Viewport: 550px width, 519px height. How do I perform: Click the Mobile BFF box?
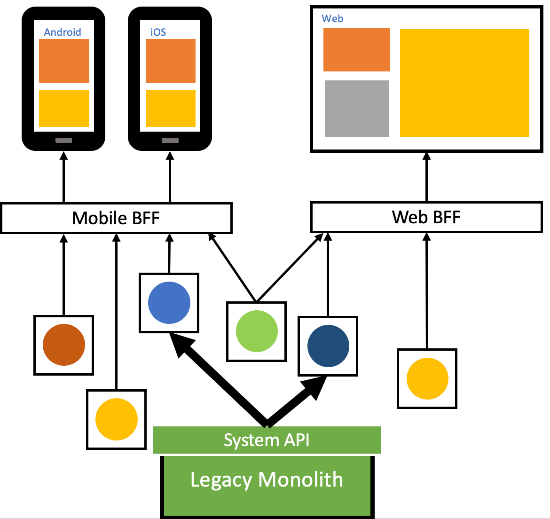(x=116, y=218)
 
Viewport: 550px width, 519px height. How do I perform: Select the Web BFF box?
(x=426, y=217)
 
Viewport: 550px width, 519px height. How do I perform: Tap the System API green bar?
(x=267, y=440)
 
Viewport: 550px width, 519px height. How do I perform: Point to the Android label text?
(x=63, y=32)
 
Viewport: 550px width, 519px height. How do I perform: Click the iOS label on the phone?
(x=158, y=32)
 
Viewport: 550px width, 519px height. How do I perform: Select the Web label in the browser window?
(x=332, y=19)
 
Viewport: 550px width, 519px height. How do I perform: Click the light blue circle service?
(x=169, y=303)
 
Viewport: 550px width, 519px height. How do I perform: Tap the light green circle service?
(x=257, y=331)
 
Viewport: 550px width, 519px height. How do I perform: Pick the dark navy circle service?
(x=328, y=346)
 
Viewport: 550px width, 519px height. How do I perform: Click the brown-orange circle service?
(x=64, y=345)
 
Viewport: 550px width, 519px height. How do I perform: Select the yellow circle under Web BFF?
(x=427, y=378)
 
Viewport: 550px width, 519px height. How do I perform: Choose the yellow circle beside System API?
(x=117, y=419)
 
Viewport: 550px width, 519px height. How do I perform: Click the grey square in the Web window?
(x=357, y=109)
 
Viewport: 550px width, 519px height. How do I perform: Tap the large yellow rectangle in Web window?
(x=464, y=83)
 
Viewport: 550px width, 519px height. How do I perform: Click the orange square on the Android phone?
(x=64, y=61)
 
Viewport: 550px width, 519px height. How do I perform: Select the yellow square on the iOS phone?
(x=171, y=108)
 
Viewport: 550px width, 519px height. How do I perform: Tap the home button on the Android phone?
(x=63, y=140)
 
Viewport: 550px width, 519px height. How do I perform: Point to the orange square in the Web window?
(x=357, y=50)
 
